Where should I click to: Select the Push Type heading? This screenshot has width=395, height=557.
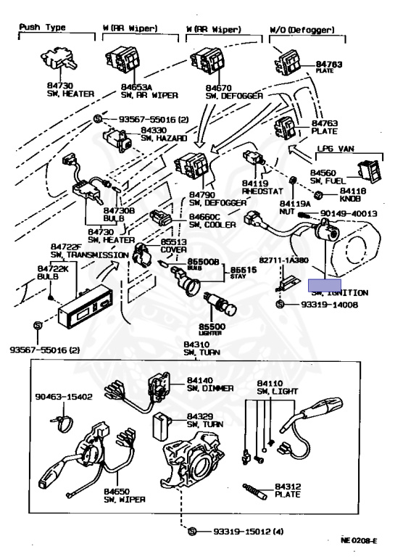(x=42, y=28)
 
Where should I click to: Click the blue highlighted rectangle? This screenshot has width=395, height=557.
(x=325, y=285)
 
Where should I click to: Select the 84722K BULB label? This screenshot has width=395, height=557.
(x=52, y=272)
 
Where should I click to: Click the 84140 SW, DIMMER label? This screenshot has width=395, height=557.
(x=210, y=384)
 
